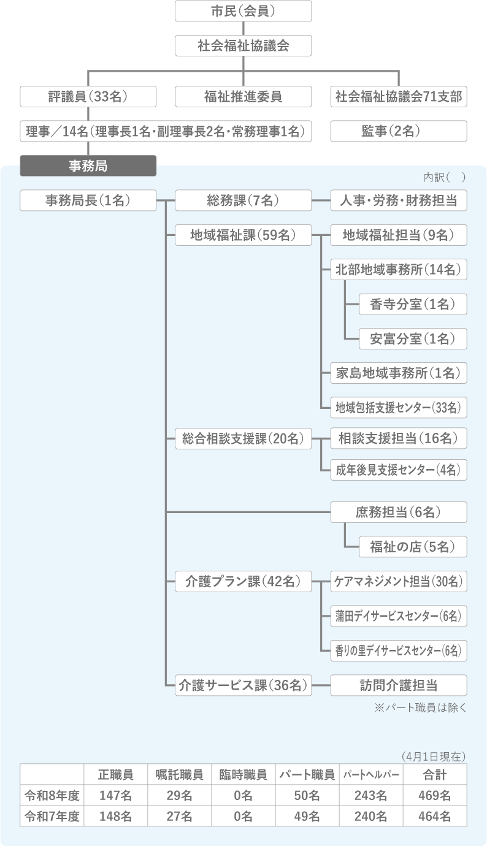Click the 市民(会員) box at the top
[x=243, y=11]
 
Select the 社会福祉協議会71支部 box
[x=399, y=97]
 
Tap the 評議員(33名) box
[x=88, y=97]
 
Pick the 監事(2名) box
[x=399, y=131]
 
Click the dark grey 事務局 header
[x=88, y=165]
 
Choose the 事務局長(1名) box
[x=88, y=200]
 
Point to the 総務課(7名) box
[x=243, y=200]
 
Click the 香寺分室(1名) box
[x=413, y=304]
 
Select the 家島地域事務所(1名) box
[x=399, y=373]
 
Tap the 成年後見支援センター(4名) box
[x=399, y=470]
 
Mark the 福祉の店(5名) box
[x=413, y=546]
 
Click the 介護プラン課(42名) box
[x=243, y=582]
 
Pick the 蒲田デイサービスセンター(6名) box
[x=399, y=616]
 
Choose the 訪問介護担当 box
[x=399, y=685]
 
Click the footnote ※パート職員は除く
[x=420, y=707]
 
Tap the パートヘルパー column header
[x=371, y=775]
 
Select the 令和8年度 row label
[x=52, y=796]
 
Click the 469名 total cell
[x=435, y=796]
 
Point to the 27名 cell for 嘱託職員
[x=179, y=816]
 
